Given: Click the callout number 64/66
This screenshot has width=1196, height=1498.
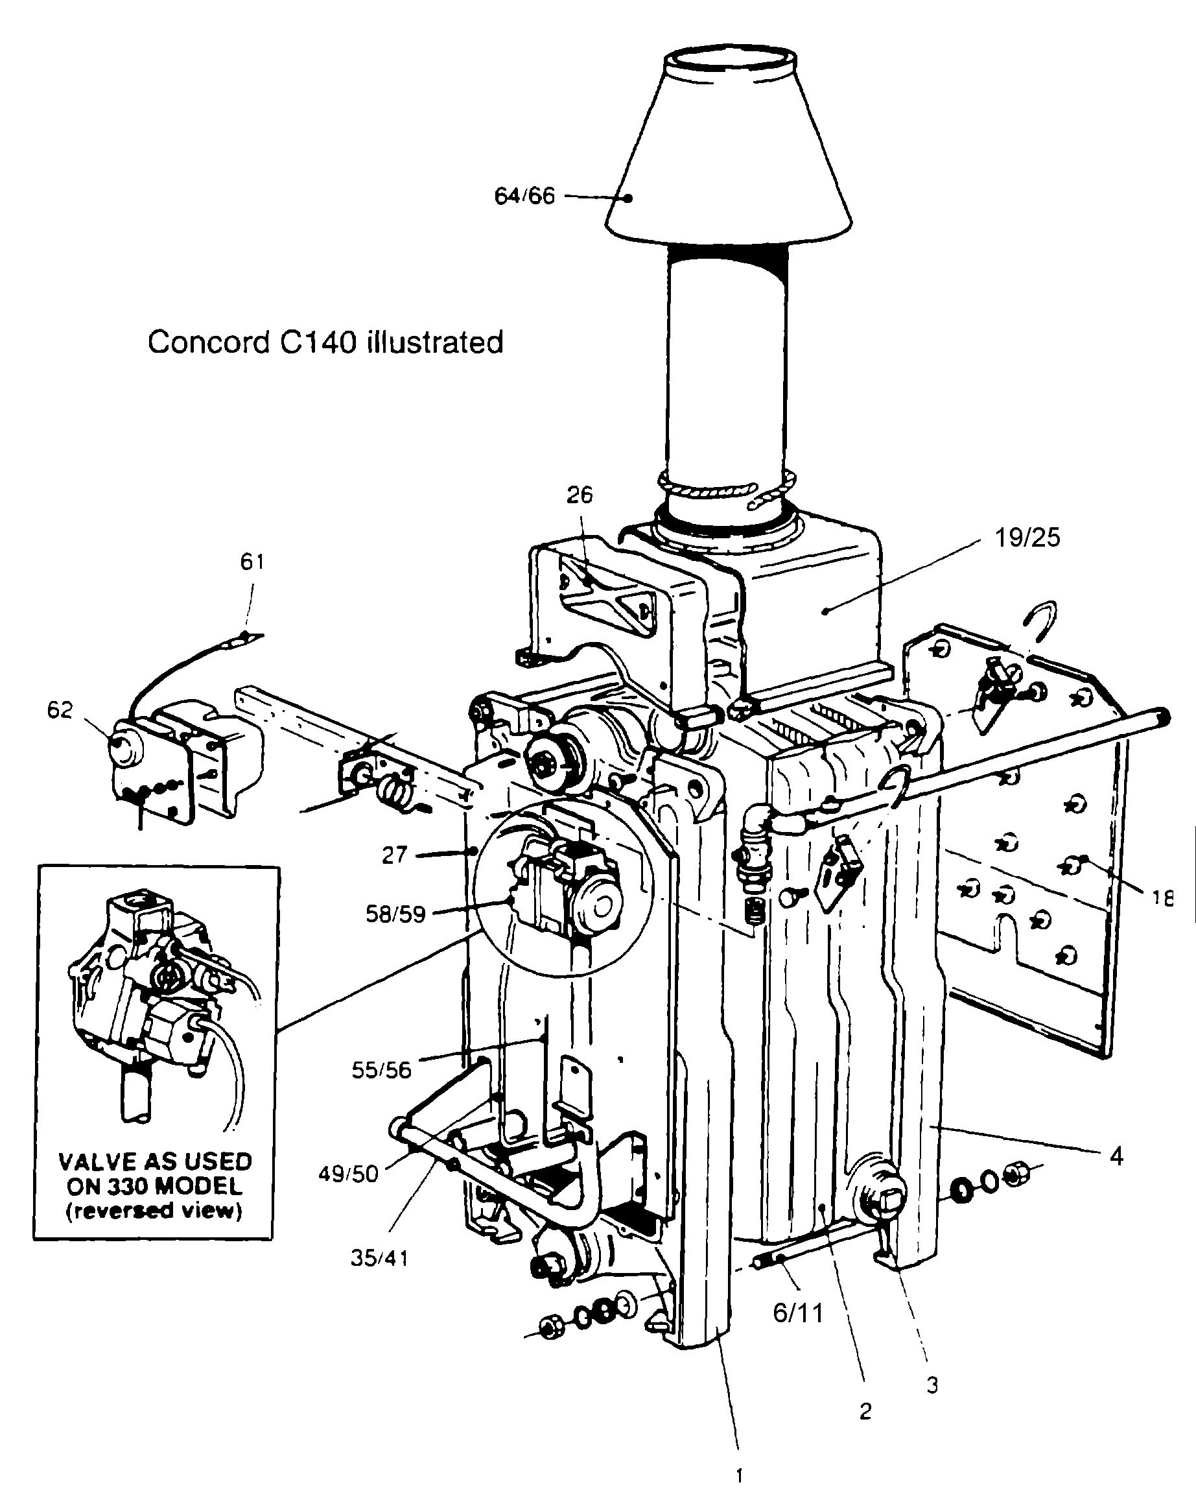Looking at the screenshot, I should (x=524, y=196).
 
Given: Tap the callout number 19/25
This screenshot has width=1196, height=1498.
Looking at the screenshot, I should (x=1028, y=538).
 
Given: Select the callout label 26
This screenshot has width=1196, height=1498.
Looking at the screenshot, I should (x=580, y=495).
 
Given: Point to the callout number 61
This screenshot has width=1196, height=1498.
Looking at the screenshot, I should (x=252, y=562).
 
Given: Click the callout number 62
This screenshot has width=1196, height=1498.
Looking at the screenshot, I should (x=60, y=709).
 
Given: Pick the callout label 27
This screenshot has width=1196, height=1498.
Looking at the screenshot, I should (x=394, y=855).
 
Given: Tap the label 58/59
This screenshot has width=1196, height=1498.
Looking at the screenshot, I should (x=395, y=914).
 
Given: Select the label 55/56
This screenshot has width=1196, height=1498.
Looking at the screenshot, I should (x=381, y=1071).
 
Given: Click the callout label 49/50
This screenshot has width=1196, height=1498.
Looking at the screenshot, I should (x=348, y=1174).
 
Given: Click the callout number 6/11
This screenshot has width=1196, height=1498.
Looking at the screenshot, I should (x=798, y=1313).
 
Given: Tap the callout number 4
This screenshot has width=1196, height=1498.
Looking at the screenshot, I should (x=1116, y=1157).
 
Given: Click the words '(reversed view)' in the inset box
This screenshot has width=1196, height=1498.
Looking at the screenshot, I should (x=154, y=1211).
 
